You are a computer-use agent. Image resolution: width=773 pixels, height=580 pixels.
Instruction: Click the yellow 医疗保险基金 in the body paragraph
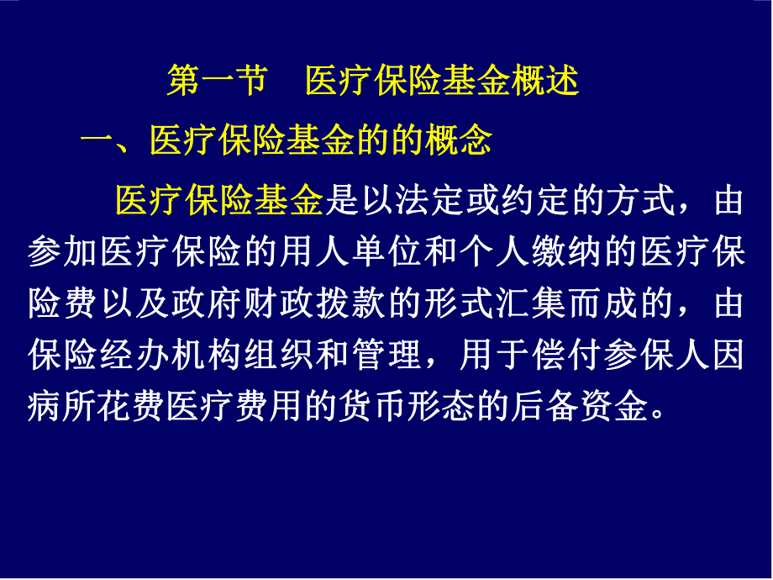pyautogui.click(x=219, y=201)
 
